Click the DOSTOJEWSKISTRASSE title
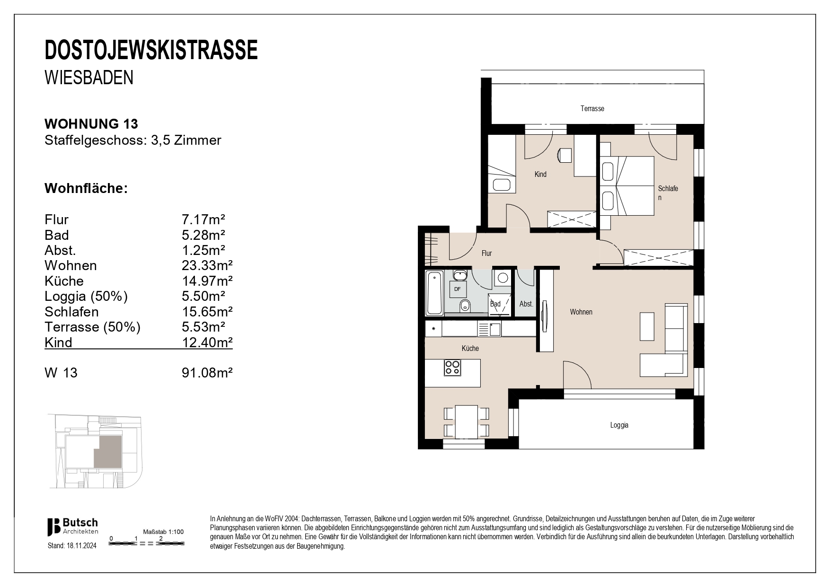pos(151,51)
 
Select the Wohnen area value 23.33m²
pos(207,265)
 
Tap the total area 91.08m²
pos(207,373)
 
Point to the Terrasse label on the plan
pos(592,109)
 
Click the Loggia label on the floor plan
pos(619,425)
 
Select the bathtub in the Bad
pos(434,293)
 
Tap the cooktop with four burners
pos(452,368)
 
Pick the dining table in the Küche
pos(466,422)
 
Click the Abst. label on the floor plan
pos(526,304)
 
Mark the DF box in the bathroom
pos(458,289)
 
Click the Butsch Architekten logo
pos(72,526)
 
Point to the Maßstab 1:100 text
pos(163,532)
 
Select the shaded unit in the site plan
pos(108,452)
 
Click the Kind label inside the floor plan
pos(540,175)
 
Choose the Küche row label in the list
pos(64,281)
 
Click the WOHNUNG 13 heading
pos(91,124)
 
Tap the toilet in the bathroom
pos(466,306)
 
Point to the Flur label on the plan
pos(486,254)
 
